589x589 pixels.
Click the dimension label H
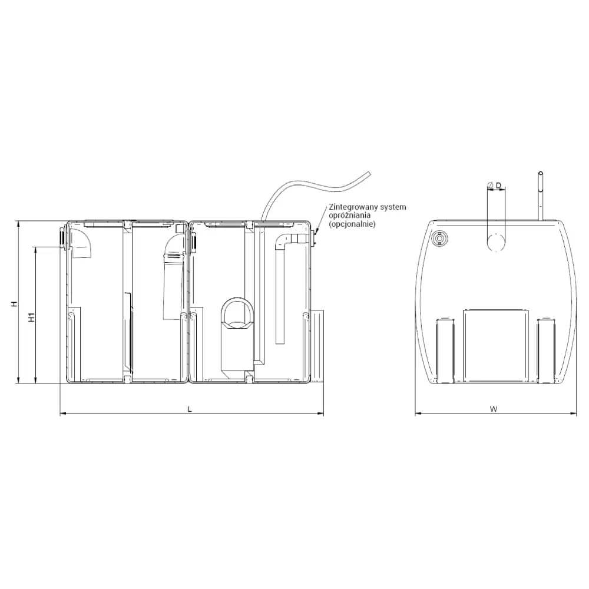(x=14, y=303)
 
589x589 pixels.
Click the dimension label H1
(x=32, y=317)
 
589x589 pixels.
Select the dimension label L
(x=190, y=409)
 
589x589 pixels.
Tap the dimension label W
(x=494, y=409)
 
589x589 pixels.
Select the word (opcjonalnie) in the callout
(x=352, y=224)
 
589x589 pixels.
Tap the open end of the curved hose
(x=369, y=173)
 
